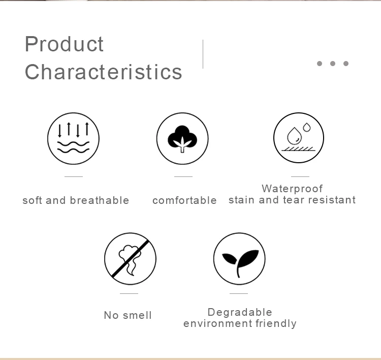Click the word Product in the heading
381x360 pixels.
65,44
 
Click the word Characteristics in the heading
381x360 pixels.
104,72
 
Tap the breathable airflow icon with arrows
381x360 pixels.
73,138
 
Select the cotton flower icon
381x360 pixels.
182,138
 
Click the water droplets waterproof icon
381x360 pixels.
299,138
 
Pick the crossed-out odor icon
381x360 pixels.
130,259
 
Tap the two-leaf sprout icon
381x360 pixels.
239,259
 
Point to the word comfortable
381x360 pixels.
184,201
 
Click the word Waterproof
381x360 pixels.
292,189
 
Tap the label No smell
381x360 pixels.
128,315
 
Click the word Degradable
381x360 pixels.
240,312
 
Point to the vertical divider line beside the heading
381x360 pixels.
203,54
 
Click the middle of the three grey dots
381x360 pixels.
333,64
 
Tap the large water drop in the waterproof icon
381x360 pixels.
294,135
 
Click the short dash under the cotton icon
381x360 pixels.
183,176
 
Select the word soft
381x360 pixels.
33,200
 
